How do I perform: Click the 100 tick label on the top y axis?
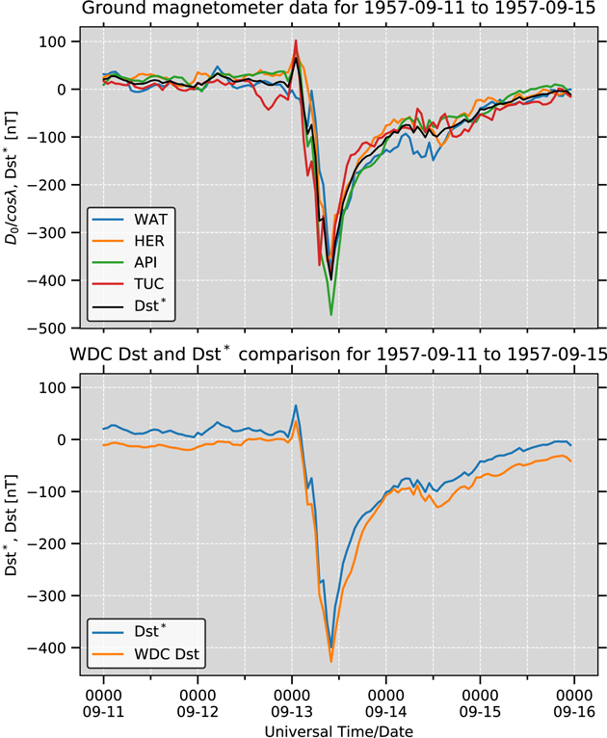50,42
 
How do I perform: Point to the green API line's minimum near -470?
331,314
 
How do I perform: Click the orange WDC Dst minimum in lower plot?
331,661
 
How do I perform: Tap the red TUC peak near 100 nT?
296,41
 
